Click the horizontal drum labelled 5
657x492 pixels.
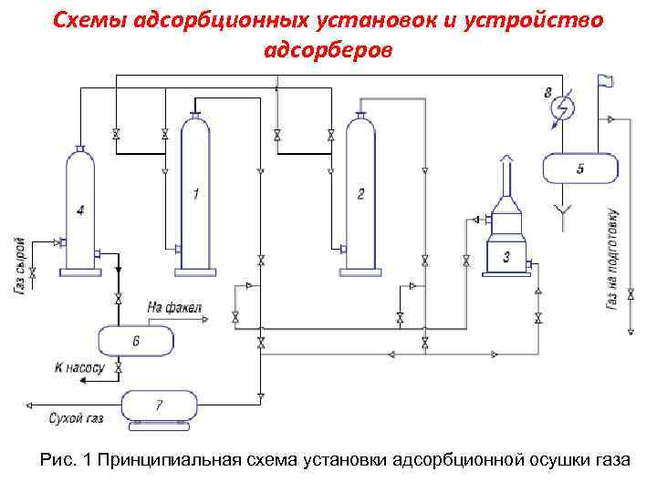[x=580, y=169]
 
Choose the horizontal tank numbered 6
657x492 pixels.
[x=136, y=341]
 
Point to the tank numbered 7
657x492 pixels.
[x=159, y=404]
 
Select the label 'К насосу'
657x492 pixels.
[x=80, y=367]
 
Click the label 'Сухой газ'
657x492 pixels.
[x=76, y=419]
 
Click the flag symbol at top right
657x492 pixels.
[x=605, y=82]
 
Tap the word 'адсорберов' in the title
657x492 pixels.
[x=328, y=48]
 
